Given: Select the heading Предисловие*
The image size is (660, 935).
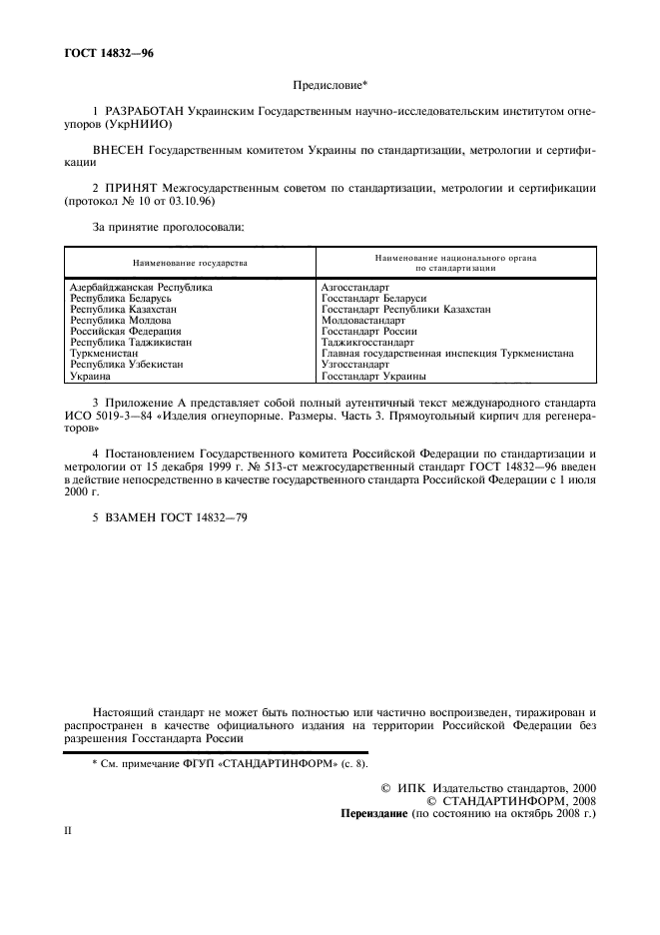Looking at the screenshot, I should [330, 88].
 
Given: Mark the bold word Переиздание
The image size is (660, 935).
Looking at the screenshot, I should [374, 814].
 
